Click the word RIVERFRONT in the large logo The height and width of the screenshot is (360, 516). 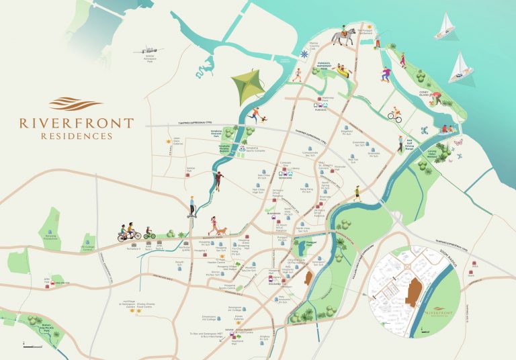(x=76, y=124)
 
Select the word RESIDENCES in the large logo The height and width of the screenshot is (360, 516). (x=76, y=136)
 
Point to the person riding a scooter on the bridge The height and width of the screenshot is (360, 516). (x=191, y=205)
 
